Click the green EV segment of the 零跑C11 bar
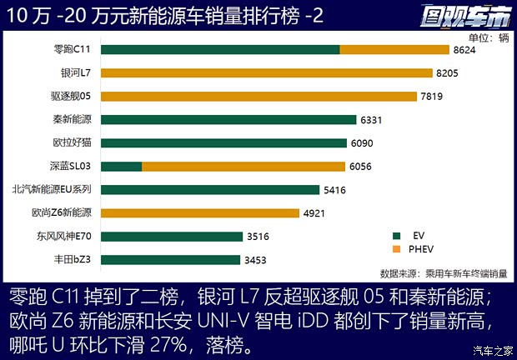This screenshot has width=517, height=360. tap(221, 50)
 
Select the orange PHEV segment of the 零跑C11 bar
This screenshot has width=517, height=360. tap(394, 50)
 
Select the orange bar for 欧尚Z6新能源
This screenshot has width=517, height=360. tap(200, 213)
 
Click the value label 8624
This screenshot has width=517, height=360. tap(464, 50)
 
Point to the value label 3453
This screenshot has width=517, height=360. tap(256, 260)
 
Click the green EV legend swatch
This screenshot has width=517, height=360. tap(398, 235)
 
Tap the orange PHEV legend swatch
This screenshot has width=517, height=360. tap(398, 248)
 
